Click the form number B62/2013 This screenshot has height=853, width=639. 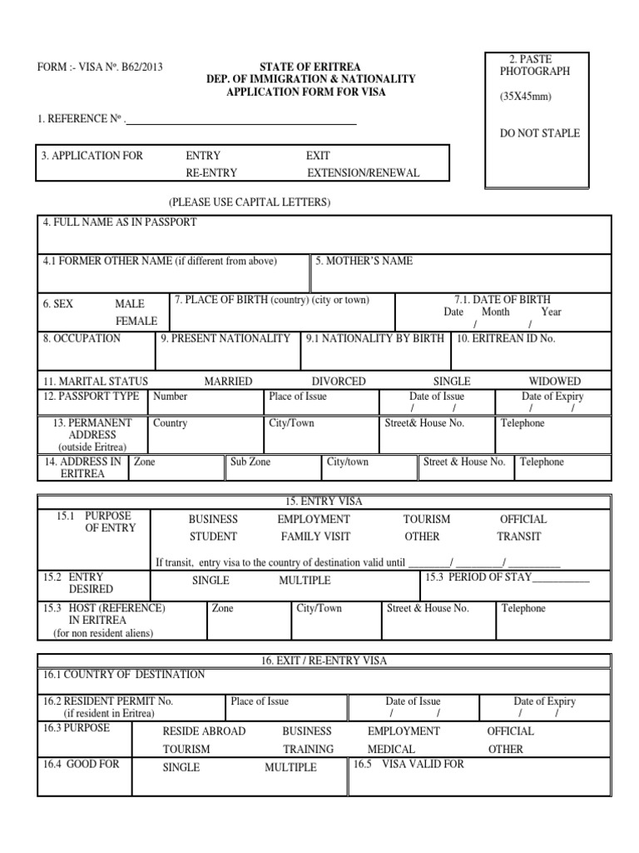[142, 68]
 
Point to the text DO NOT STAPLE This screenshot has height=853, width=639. [540, 133]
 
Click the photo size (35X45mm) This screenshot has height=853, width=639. [525, 97]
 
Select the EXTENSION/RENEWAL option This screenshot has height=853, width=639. [364, 173]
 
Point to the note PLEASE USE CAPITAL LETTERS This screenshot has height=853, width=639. [249, 203]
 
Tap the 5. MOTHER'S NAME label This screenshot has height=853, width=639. [364, 262]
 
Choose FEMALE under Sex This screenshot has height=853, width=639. [136, 321]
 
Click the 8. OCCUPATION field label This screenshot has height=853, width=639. [82, 339]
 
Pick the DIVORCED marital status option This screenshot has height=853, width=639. [339, 382]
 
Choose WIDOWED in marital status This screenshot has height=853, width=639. [555, 382]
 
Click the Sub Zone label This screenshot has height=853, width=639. [250, 462]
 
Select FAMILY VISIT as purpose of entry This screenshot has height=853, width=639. [315, 537]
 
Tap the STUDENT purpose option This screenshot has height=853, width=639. [213, 537]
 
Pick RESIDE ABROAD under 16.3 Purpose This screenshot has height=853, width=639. [204, 731]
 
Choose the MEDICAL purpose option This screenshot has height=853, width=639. [391, 749]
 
